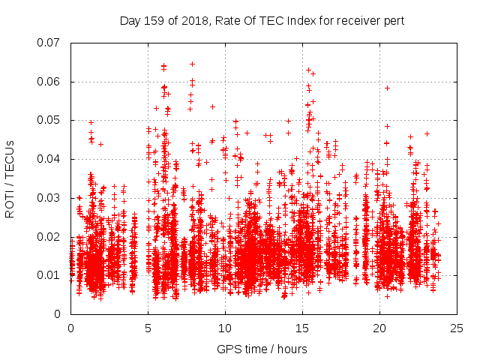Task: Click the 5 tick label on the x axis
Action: (148, 328)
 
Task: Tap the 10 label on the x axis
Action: (225, 328)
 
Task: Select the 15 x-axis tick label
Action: (302, 328)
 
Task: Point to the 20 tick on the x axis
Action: (379, 328)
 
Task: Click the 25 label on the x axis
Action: (457, 328)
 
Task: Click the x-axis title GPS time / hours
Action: (263, 349)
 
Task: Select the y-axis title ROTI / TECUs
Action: (10, 178)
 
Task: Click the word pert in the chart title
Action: (394, 21)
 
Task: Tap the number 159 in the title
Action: (154, 21)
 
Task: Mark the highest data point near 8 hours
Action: (192, 64)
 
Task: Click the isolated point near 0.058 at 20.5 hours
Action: (387, 88)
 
